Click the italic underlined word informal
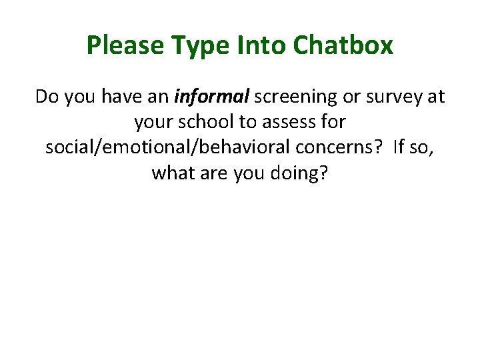pos(211,97)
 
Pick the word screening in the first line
pos(295,97)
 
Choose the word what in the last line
pos(172,173)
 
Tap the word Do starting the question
pos(46,97)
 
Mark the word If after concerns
pos(399,148)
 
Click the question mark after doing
pos(325,173)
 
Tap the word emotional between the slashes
pos(153,148)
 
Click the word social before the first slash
pos(67,148)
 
